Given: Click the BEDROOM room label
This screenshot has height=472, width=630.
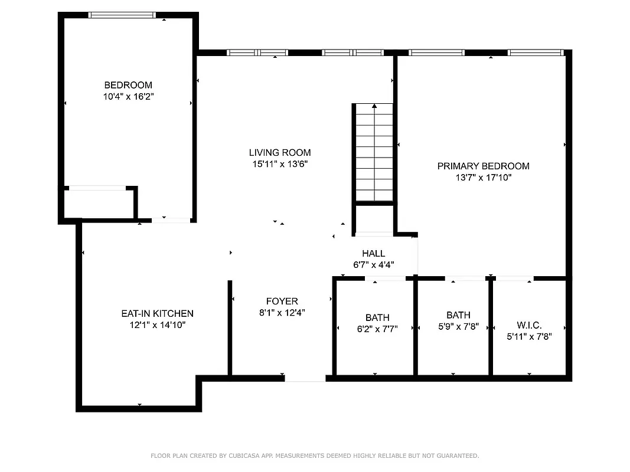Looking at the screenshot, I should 128,85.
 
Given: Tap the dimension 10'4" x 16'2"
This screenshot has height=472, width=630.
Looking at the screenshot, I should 128,96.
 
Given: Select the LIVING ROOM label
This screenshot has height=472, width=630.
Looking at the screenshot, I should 280,153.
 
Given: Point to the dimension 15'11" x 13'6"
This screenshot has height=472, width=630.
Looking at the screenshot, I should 280,163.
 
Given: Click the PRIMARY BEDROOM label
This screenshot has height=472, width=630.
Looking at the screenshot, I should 483,166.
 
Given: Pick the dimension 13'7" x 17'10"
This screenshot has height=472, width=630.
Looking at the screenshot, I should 483,177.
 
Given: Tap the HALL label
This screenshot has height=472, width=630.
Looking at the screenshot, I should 374,254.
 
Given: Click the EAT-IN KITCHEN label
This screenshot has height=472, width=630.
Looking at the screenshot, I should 157,314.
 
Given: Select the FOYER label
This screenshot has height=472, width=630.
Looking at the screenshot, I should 282,301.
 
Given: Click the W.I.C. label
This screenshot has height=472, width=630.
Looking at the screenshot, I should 529,326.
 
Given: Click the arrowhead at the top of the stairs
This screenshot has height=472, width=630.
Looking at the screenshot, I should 374,106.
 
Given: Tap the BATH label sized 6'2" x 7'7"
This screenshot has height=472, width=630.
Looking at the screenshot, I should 377,318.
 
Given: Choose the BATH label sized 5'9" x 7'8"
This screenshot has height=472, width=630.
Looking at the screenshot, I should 458,316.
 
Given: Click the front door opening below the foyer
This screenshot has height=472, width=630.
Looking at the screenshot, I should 305,378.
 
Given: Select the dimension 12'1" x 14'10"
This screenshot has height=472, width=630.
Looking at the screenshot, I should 157,324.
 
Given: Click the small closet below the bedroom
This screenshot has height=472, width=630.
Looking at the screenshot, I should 98,204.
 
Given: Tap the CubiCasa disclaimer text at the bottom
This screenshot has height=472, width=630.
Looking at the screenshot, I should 315,455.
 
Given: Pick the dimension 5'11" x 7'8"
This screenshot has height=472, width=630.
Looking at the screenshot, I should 529,336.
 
